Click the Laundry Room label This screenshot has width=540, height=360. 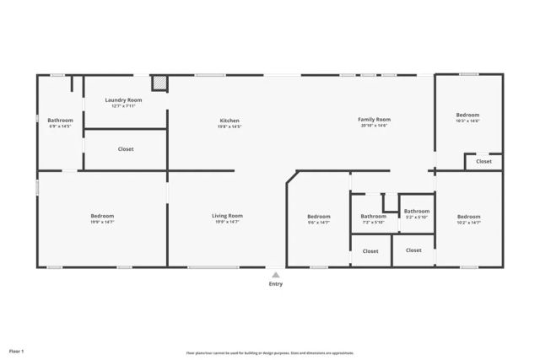tap(123, 100)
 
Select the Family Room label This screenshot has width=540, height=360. tap(375, 121)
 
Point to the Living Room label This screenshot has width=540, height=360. tap(227, 216)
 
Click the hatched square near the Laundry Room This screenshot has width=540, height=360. tap(159, 83)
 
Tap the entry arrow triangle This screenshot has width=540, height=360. tap(275, 274)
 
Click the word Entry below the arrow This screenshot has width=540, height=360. tap(275, 284)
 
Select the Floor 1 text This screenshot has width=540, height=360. tap(17, 350)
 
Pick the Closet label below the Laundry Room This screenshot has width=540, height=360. tap(126, 149)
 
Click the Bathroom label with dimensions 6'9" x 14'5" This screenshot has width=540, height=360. tap(60, 121)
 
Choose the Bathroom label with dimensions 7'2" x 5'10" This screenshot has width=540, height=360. tap(373, 217)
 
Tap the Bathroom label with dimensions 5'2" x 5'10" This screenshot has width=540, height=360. tap(416, 212)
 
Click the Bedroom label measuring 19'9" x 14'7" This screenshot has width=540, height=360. tap(102, 216)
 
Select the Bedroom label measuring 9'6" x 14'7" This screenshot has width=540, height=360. tap(319, 217)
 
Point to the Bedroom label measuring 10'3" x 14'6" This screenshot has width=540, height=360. tap(467, 116)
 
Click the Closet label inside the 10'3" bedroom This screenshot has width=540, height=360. tap(483, 161)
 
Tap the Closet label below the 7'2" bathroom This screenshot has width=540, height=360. tap(370, 250)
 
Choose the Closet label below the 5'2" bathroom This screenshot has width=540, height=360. tap(413, 250)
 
